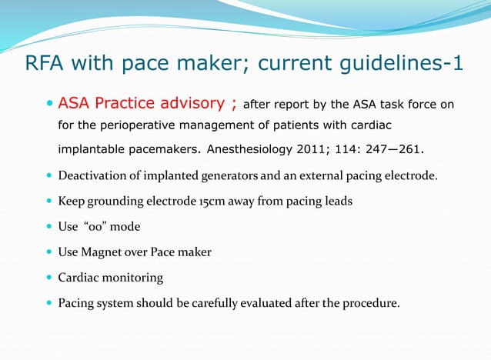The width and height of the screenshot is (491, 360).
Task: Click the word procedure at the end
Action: coord(372,302)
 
